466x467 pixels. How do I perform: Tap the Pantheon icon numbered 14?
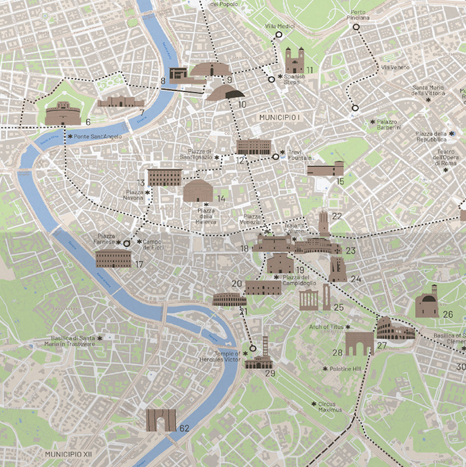(x=198, y=190)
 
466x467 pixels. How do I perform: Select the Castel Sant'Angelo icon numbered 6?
(x=63, y=113)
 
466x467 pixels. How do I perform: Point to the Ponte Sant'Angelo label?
(x=98, y=137)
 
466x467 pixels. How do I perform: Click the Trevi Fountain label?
(x=299, y=155)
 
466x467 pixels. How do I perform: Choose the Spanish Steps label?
(x=295, y=79)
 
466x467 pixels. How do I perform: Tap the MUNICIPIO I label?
(x=280, y=118)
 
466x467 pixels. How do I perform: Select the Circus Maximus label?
(x=330, y=407)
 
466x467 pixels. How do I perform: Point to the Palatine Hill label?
(x=345, y=369)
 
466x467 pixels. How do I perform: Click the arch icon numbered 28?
(x=359, y=344)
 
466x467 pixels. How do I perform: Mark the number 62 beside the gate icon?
(x=184, y=428)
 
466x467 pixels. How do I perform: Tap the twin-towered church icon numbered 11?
(x=295, y=60)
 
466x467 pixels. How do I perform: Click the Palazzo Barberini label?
(x=388, y=125)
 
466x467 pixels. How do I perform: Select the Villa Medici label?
(x=280, y=26)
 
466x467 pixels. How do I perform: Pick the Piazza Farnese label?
(x=106, y=239)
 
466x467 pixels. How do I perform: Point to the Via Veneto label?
(x=395, y=67)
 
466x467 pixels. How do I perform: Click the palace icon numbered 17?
(x=113, y=259)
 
